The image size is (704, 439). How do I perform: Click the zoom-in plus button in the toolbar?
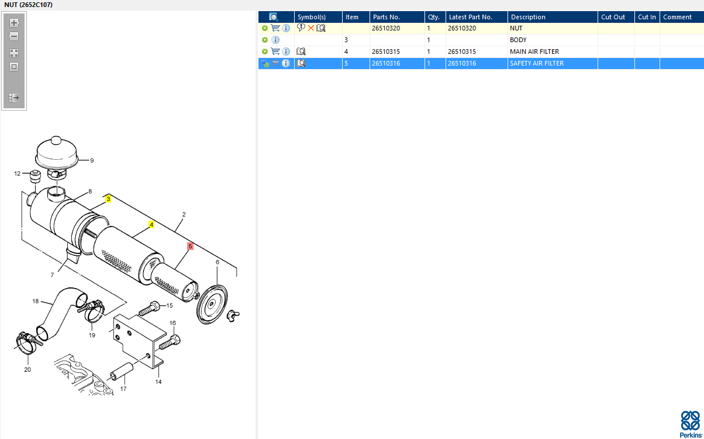[x=14, y=23]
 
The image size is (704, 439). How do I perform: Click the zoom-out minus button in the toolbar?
[x=14, y=36]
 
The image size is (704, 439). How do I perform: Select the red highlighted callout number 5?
[x=190, y=246]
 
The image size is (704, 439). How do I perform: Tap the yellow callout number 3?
[x=108, y=198]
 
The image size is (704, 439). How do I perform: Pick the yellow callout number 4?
[x=151, y=225]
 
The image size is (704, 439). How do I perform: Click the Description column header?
[x=528, y=17]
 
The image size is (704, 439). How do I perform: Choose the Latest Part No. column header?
[x=470, y=17]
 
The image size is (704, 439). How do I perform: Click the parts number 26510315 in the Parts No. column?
[x=386, y=52]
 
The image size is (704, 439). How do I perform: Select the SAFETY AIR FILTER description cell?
[x=537, y=63]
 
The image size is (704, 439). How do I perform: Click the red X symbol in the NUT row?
[x=311, y=28]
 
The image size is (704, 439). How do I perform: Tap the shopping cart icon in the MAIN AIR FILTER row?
[x=275, y=52]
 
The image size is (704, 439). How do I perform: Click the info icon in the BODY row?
[x=275, y=40]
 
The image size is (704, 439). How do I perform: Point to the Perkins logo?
[x=691, y=424]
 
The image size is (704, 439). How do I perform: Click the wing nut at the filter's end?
[x=233, y=315]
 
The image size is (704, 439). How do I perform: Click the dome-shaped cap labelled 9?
[x=57, y=153]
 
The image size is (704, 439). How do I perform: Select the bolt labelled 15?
[x=149, y=308]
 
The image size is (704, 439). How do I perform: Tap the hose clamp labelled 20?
[x=27, y=342]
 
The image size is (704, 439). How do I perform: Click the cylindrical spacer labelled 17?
[x=122, y=371]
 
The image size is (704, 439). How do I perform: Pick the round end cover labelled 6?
[x=212, y=304]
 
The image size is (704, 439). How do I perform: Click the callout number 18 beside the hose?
[x=36, y=301]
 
